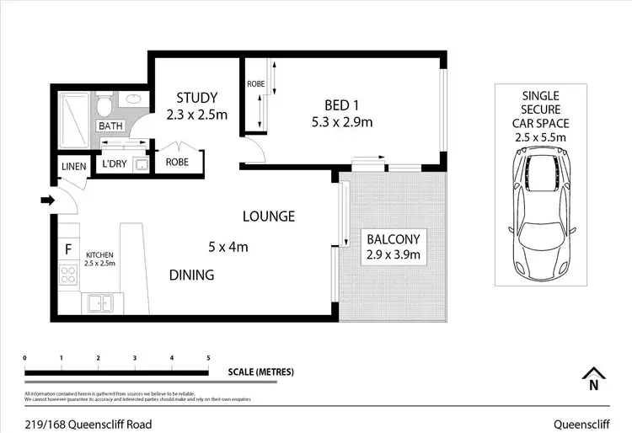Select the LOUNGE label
pyautogui.click(x=269, y=216)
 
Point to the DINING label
pyautogui.click(x=191, y=275)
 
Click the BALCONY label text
pyautogui.click(x=393, y=238)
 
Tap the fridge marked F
pyautogui.click(x=67, y=249)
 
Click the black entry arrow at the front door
pyautogui.click(x=47, y=200)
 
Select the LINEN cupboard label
pyautogui.click(x=73, y=167)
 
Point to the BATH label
pyautogui.click(x=110, y=126)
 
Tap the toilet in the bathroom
pyautogui.click(x=104, y=105)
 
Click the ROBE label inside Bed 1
pyautogui.click(x=256, y=84)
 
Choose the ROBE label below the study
pyautogui.click(x=177, y=162)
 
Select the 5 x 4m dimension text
pyautogui.click(x=228, y=247)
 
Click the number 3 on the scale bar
pyautogui.click(x=135, y=358)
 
